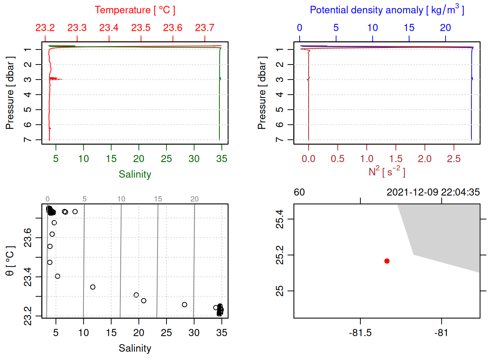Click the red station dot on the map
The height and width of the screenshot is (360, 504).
[x=387, y=261]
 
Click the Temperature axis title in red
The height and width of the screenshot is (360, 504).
[x=135, y=10]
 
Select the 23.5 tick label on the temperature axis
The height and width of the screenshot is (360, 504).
[x=141, y=28]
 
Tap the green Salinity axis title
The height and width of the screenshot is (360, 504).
[x=135, y=174]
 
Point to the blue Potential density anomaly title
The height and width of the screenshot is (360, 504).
[x=387, y=10]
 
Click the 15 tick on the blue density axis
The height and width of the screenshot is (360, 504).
[x=409, y=28]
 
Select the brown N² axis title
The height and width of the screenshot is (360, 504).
[x=387, y=172]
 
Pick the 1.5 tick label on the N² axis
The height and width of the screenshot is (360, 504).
[x=396, y=159]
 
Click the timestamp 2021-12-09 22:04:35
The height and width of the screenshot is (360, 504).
[x=433, y=192]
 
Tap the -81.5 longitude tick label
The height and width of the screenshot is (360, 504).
[x=360, y=333]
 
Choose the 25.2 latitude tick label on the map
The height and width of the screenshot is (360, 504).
[x=280, y=255]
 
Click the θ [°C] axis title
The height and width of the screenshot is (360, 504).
[x=10, y=261]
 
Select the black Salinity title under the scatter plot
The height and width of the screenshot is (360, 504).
[x=135, y=348]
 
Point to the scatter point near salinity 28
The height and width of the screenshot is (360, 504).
[x=184, y=304]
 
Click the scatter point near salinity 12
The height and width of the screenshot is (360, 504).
[x=93, y=287]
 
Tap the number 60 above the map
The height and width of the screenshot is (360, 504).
[x=299, y=192]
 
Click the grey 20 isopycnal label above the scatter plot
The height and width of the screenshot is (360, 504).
[x=194, y=199]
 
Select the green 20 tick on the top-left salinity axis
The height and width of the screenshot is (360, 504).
[x=139, y=159]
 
